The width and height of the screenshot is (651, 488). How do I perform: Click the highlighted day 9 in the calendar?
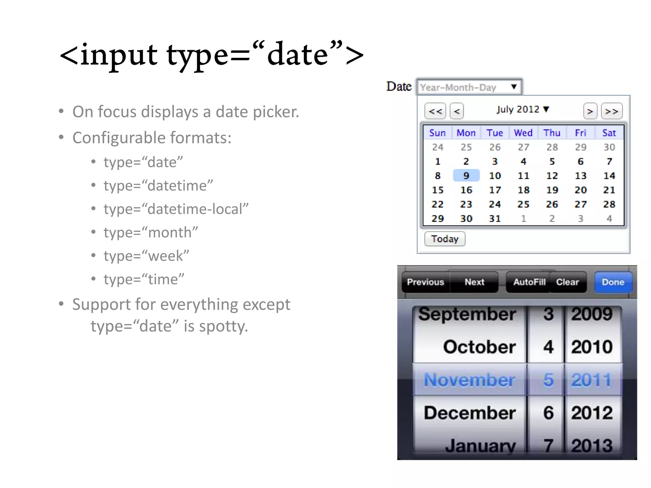466,176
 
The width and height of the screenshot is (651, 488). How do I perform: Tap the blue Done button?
613,282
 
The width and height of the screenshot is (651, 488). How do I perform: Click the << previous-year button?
435,111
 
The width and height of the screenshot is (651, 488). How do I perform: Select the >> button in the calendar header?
612,111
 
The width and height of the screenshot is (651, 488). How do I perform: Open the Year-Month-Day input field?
469,87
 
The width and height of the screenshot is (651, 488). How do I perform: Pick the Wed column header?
523,133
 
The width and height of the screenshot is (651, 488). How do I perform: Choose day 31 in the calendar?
495,219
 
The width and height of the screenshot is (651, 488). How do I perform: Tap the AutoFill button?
529,282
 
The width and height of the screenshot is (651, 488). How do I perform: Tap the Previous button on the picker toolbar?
425,282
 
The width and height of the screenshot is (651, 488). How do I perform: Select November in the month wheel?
469,380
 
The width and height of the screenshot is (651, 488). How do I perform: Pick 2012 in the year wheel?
592,413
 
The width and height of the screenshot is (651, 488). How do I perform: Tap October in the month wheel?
479,347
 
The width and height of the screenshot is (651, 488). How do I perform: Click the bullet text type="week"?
146,256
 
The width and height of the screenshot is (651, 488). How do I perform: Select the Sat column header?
609,133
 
